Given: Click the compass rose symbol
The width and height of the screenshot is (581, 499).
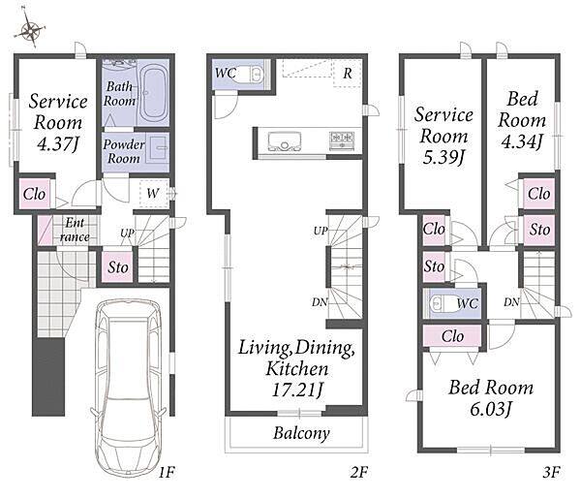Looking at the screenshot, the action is click(x=30, y=30).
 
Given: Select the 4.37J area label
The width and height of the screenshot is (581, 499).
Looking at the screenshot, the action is click(x=58, y=144).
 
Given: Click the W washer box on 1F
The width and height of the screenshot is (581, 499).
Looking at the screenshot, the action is click(x=154, y=193).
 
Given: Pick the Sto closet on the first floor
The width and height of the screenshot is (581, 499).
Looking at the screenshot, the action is click(x=117, y=266).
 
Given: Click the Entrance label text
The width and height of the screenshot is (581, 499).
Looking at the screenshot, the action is click(x=75, y=230).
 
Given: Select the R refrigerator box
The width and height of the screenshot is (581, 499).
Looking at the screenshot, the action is click(x=348, y=73).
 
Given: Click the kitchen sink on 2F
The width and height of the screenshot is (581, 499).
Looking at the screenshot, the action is click(x=284, y=141).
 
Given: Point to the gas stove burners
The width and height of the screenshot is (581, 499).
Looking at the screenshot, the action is click(x=342, y=140).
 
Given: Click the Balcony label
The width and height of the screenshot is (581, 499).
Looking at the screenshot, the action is click(x=301, y=433).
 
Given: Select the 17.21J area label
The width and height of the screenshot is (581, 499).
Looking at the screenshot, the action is click(x=297, y=390).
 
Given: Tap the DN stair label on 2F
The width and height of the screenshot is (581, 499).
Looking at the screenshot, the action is click(x=320, y=302).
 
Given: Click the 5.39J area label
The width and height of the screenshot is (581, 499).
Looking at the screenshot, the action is click(x=443, y=158).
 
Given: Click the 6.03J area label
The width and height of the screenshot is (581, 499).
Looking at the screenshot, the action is click(x=491, y=410).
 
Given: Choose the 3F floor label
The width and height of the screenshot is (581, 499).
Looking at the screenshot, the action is click(x=551, y=472).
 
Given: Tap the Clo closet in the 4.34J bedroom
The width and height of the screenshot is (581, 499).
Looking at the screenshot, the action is click(x=538, y=194).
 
